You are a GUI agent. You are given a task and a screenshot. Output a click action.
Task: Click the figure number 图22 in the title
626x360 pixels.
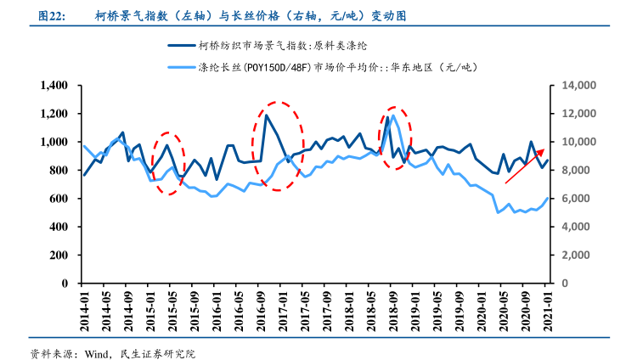pos(42,15)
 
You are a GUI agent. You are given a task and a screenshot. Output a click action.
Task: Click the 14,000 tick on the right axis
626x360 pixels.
pos(574,86)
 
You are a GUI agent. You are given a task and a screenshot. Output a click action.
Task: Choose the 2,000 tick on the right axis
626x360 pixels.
pos(571,255)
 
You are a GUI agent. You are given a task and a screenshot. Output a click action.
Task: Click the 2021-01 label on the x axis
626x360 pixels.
pos(548,312)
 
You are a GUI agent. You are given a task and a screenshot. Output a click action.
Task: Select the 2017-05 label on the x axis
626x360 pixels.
pos(305,312)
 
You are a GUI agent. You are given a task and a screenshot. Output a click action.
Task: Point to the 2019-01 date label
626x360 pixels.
pos(415,312)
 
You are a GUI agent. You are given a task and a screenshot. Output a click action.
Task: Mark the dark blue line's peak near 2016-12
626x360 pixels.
pos(266,115)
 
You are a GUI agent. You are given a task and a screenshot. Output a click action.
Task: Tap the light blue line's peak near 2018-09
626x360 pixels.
pos(392,116)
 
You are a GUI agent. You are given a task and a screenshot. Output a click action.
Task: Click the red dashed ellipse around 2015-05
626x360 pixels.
pos(169,163)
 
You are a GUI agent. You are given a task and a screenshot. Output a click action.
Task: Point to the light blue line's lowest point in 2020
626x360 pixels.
pos(498,212)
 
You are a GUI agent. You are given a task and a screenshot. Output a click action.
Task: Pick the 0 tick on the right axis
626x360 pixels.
pos(558,284)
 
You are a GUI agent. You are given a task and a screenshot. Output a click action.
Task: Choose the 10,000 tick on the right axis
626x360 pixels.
pos(574,142)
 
